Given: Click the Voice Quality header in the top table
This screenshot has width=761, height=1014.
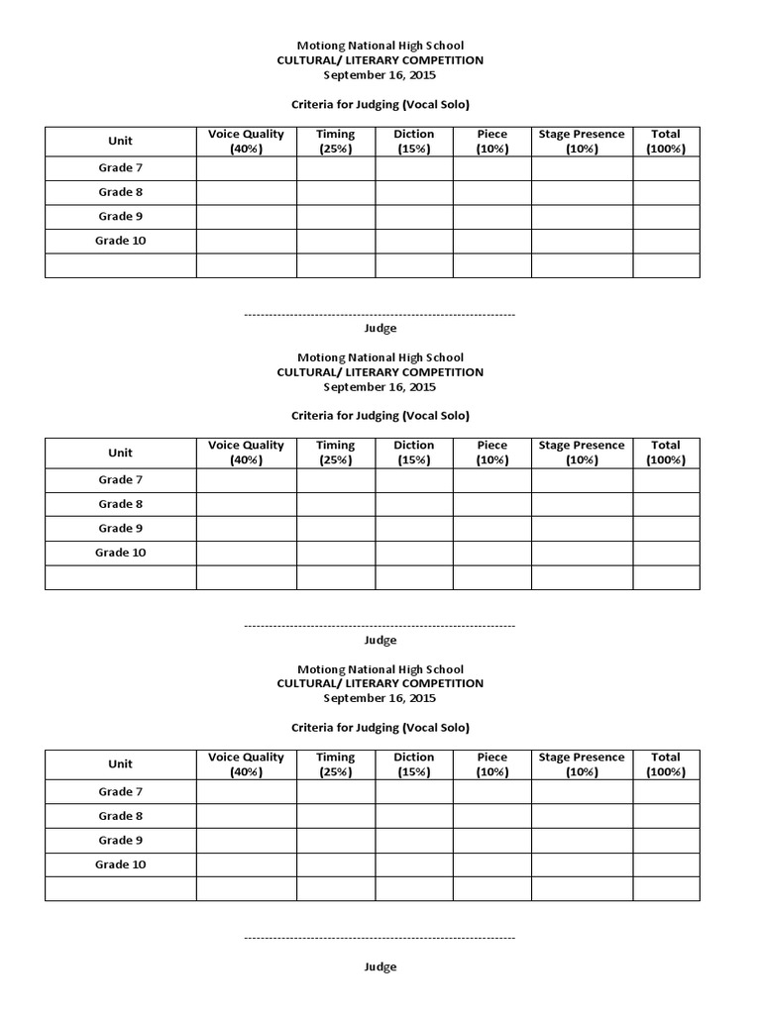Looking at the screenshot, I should [246, 141].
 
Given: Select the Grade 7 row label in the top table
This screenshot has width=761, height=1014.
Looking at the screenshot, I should [120, 168].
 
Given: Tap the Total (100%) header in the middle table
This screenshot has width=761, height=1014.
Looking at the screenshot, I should [666, 453].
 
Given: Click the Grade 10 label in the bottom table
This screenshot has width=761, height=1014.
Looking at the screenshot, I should [120, 864].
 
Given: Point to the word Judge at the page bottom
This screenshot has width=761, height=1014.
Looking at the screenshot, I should [380, 966].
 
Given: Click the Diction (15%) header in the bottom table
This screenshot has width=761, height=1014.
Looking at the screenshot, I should [413, 764].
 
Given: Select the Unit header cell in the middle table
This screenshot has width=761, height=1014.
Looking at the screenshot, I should [120, 453].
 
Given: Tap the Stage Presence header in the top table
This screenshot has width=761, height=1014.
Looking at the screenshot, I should [582, 141].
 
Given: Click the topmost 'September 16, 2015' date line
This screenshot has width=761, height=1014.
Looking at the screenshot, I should [380, 75].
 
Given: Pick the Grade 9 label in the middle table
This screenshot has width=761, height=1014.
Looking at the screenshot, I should [120, 529].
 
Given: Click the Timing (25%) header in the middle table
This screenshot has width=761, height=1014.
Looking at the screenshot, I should [335, 453].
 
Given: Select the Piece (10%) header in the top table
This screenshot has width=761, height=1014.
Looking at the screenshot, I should [491, 141].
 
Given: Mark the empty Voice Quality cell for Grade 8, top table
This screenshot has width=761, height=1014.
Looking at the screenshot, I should [246, 193].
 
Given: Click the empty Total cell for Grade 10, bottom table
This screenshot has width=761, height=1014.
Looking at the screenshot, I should [666, 864].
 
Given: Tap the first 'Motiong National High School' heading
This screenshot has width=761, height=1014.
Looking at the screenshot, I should [380, 46].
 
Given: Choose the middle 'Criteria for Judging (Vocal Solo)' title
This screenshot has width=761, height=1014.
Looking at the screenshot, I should [380, 416].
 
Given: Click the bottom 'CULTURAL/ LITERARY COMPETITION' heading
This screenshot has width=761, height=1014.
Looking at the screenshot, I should [380, 683].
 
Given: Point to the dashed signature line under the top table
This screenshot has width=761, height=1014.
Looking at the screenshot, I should [380, 314].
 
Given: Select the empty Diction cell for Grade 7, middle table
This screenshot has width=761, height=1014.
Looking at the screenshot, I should [413, 480].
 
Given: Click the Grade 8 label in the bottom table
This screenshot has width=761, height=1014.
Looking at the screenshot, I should [120, 816].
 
